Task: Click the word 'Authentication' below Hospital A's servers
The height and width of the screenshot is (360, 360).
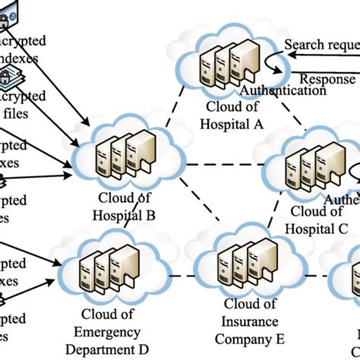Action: click(283, 90)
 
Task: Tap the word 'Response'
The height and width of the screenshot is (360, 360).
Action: click(327, 78)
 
